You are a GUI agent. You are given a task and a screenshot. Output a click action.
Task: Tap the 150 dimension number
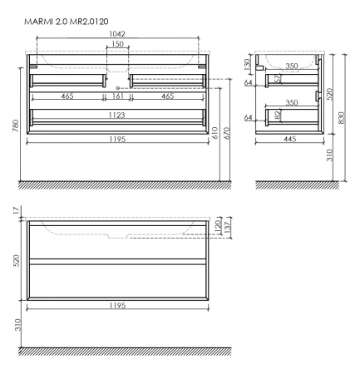(117, 43)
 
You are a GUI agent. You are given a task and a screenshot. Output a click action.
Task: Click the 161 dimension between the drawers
(117, 97)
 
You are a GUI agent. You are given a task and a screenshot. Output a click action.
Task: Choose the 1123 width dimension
(117, 115)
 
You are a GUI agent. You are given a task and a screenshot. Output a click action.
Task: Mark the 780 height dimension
(16, 124)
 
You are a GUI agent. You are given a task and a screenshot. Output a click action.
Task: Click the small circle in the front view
(117, 87)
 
